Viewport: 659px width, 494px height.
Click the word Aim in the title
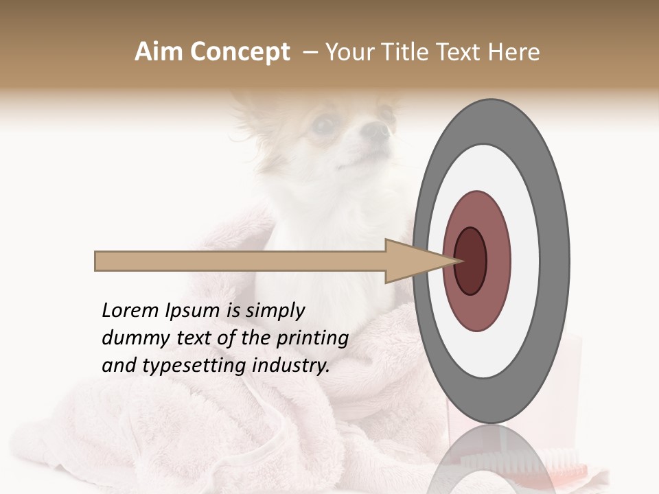tap(159, 52)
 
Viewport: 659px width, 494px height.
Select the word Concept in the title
tap(240, 52)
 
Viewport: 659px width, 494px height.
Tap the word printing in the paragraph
tap(312, 338)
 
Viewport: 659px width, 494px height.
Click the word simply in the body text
tap(274, 311)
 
